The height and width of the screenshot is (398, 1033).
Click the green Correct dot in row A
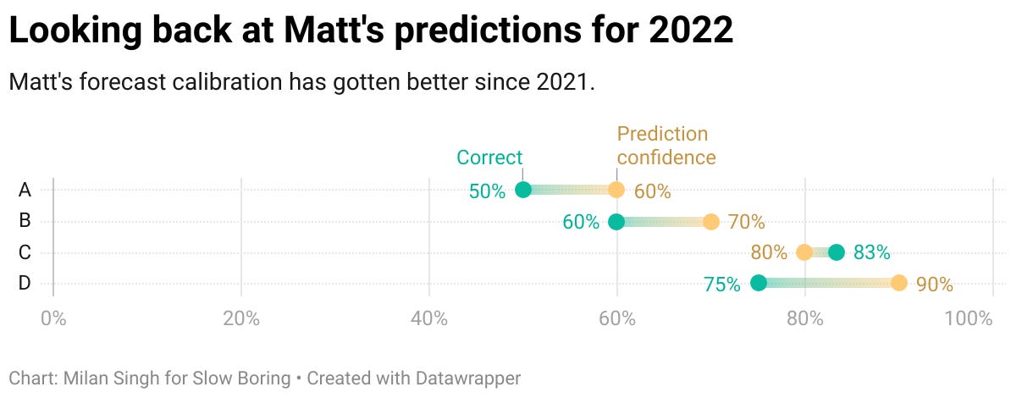click(x=523, y=191)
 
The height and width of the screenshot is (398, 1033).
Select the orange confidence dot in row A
click(x=616, y=191)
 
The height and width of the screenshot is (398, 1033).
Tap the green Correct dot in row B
click(x=616, y=222)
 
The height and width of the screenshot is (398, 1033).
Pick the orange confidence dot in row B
click(x=710, y=222)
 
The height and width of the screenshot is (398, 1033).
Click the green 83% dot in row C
click(x=837, y=252)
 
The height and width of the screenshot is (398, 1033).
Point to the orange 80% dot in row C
click(x=804, y=252)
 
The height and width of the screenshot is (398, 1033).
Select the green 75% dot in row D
click(x=759, y=284)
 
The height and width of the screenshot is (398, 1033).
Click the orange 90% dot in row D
click(x=898, y=284)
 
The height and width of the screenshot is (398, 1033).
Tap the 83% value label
click(x=871, y=252)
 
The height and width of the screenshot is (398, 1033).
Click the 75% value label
click(x=722, y=285)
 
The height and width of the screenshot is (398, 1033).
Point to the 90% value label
click(x=935, y=285)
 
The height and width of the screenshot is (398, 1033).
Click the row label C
click(x=25, y=252)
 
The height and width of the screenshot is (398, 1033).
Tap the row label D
click(x=25, y=284)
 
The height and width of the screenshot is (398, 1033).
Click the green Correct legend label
click(x=489, y=158)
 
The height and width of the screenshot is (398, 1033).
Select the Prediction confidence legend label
click(x=666, y=146)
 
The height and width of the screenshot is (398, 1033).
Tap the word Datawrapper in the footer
click(x=471, y=378)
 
